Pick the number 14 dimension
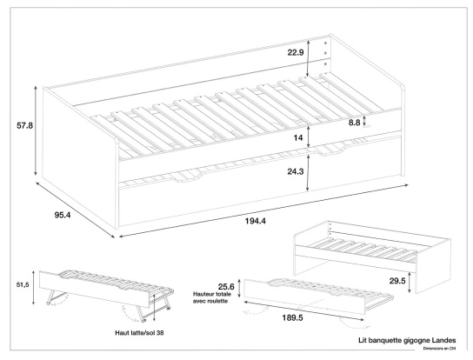coord(297,138)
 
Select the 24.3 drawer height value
coord(296,171)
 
